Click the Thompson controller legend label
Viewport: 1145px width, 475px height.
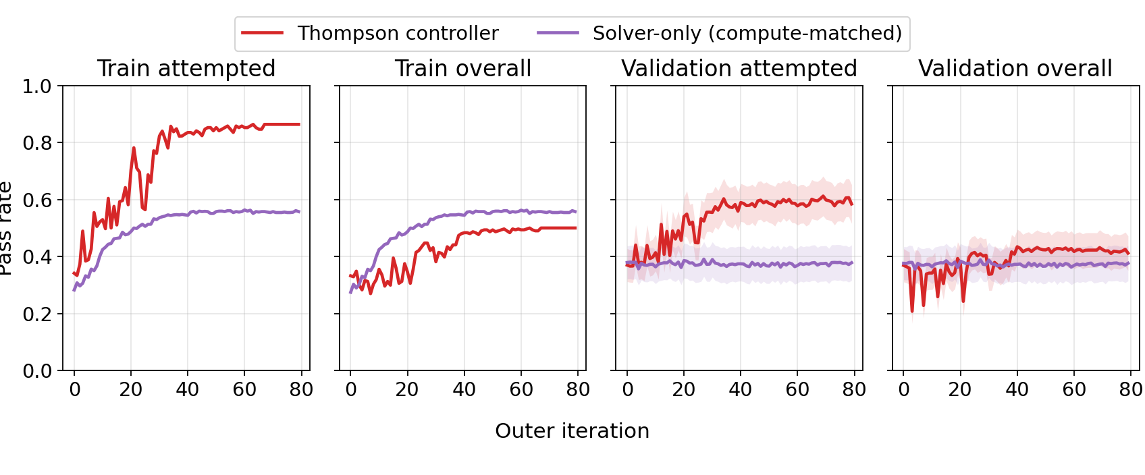[x=398, y=33]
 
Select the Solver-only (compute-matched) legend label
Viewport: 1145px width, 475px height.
[x=747, y=33]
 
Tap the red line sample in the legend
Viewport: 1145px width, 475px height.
[x=262, y=33]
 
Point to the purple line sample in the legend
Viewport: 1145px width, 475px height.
[x=558, y=33]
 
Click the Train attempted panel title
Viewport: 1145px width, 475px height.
[x=186, y=68]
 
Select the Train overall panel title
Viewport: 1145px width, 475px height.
[x=462, y=68]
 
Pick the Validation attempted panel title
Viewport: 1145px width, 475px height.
[x=739, y=68]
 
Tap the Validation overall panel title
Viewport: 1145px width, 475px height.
[x=1015, y=68]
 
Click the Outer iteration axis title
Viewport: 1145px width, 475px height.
[x=572, y=430]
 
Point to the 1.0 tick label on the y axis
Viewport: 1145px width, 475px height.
[x=37, y=86]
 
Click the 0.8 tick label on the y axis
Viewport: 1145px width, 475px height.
[x=37, y=143]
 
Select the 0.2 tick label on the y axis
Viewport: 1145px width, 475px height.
[x=37, y=314]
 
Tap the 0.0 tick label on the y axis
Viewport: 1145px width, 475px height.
[x=37, y=371]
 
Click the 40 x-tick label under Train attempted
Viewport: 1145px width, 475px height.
[x=187, y=390]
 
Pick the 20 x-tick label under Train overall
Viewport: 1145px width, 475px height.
[x=407, y=390]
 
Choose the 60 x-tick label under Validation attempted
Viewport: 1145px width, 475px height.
[x=797, y=390]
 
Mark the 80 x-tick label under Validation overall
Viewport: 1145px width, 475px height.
[x=1130, y=390]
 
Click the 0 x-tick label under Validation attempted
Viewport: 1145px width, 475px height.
[x=627, y=390]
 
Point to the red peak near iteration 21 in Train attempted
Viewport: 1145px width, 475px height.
[x=134, y=148]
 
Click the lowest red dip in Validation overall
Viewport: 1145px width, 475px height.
[x=912, y=311]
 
